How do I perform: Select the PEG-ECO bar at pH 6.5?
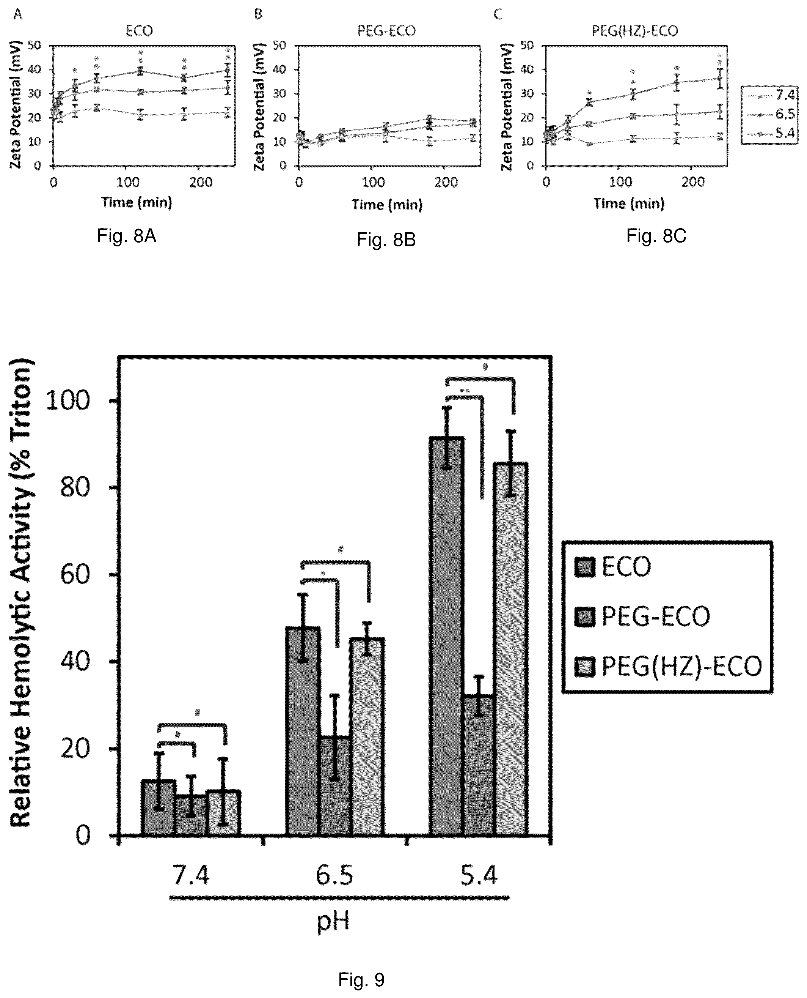(335, 786)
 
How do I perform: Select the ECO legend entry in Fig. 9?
(613, 567)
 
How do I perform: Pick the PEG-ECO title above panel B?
(386, 31)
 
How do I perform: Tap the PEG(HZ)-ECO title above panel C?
(634, 31)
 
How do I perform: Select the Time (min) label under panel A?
(137, 202)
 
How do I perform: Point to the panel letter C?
(498, 14)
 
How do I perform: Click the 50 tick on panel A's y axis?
(35, 46)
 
